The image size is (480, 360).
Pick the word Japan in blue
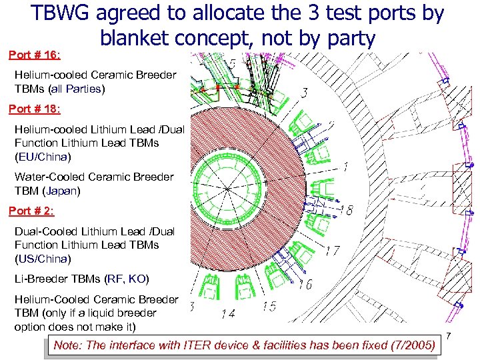point(63,191)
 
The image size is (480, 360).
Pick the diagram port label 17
point(333,252)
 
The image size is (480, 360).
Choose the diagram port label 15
point(270,306)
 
